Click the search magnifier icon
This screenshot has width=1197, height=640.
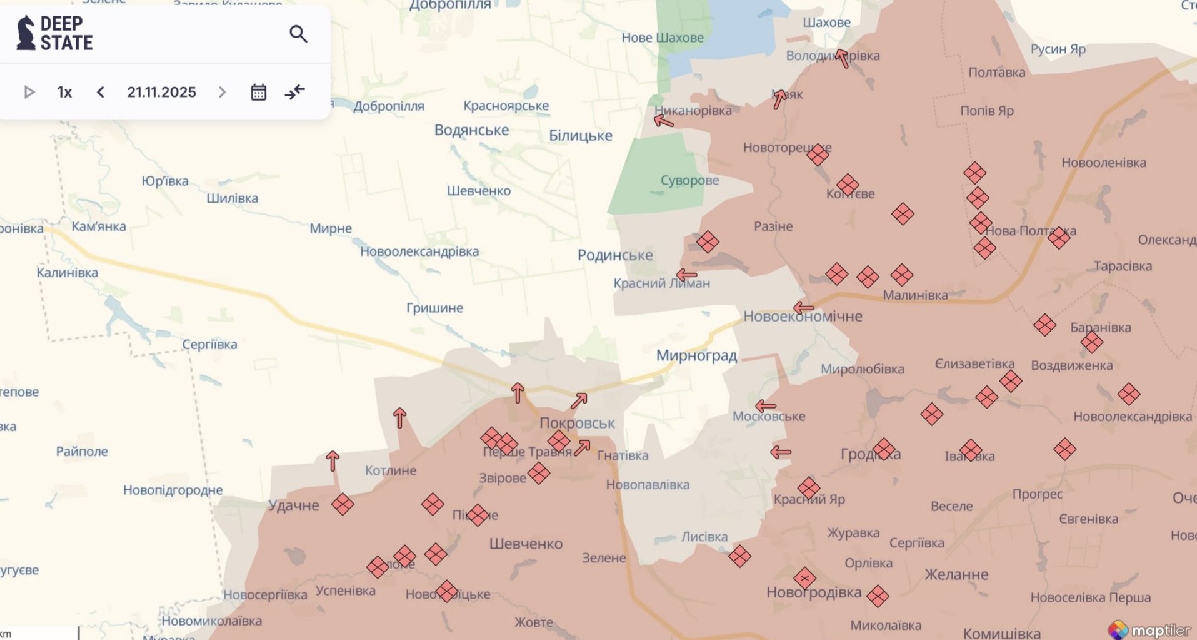pos(298,34)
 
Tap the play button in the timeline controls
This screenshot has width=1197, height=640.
pos(29,93)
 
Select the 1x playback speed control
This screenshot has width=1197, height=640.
pos(64,93)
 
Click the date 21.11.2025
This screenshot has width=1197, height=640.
pos(161,93)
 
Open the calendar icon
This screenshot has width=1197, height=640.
pos(258,93)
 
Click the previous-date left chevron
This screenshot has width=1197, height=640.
pos(101,93)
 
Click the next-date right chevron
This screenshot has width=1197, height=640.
pos(222,93)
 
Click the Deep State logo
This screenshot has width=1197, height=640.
pos(55,33)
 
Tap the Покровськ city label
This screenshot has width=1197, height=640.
pos(577,424)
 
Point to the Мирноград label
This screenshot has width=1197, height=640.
pos(696,356)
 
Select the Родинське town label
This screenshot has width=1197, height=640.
pos(614,255)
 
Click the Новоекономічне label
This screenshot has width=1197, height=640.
pos(803,317)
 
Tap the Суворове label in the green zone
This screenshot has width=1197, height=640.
pos(689,181)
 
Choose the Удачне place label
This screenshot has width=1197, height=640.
pos(293,505)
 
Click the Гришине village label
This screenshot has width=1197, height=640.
pos(434,308)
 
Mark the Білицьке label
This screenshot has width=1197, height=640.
pos(580,136)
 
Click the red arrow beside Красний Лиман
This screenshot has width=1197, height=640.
pos(686,275)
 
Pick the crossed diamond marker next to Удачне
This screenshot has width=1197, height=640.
pos(343,504)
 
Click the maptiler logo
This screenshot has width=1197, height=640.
pos(1149,629)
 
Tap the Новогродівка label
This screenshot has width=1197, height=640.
pos(813,592)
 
